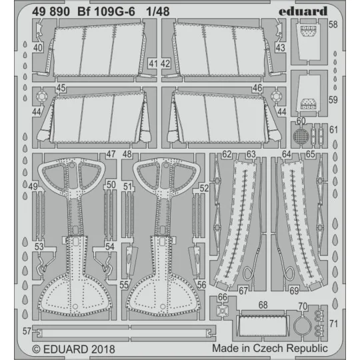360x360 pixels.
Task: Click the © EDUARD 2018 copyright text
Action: click(x=73, y=348)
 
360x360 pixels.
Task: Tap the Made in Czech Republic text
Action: click(x=270, y=348)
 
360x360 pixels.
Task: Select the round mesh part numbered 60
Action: click(x=301, y=137)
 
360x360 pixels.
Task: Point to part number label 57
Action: click(x=26, y=331)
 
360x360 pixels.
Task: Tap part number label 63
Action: click(x=251, y=155)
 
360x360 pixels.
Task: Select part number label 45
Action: click(x=61, y=87)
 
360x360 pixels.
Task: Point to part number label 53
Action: click(x=40, y=246)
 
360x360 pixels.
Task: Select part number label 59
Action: click(x=333, y=101)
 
